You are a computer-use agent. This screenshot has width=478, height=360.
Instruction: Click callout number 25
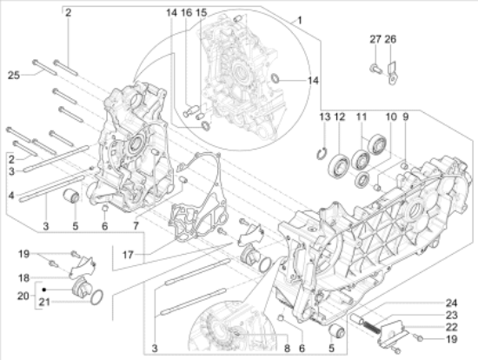14,75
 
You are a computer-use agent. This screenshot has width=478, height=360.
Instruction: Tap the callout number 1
300,21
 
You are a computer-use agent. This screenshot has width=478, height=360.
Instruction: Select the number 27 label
375,39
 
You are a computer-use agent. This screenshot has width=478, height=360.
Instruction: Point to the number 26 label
390,39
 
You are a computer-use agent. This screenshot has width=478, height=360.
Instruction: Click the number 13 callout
325,117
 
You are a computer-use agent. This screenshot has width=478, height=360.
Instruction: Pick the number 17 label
128,255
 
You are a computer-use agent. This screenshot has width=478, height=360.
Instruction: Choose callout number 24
451,303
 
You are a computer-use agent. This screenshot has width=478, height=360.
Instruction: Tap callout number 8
287,349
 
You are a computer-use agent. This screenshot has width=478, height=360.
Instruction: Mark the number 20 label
23,296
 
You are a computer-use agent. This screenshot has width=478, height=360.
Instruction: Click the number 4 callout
11,196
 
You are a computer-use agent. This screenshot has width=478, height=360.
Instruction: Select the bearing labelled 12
339,166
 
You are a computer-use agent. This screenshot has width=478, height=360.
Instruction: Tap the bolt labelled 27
375,69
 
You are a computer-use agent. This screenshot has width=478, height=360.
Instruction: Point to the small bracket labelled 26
392,73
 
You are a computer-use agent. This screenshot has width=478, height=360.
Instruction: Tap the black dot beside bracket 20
44,290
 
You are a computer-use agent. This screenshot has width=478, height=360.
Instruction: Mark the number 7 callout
136,226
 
